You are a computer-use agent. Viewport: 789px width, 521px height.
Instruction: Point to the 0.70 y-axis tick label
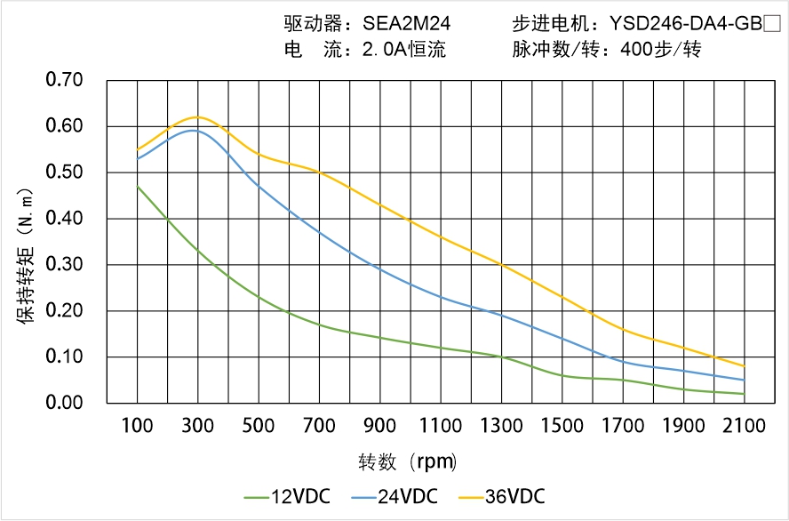(x=64, y=80)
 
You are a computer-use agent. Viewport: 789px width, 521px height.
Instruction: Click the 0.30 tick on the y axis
(x=64, y=265)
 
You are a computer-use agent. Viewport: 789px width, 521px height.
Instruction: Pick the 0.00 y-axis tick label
(x=64, y=404)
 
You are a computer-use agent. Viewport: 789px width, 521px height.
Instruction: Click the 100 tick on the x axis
(x=137, y=426)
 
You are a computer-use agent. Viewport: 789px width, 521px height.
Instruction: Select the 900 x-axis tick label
(x=380, y=426)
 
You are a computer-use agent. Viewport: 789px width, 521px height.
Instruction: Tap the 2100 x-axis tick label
(x=744, y=426)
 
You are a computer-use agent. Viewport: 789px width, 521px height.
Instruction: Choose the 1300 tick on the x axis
(x=501, y=426)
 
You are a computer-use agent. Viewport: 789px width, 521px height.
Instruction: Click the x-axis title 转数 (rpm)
(x=408, y=462)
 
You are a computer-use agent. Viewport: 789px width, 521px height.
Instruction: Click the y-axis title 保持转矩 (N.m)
(x=26, y=254)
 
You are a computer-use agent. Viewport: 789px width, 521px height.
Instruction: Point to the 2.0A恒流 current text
(x=403, y=50)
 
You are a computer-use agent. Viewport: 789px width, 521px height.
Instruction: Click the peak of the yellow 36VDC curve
(x=197, y=116)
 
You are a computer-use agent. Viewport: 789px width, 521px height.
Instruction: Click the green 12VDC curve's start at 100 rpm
(x=137, y=186)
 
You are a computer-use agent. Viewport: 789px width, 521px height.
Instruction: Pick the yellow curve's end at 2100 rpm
(x=744, y=366)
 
